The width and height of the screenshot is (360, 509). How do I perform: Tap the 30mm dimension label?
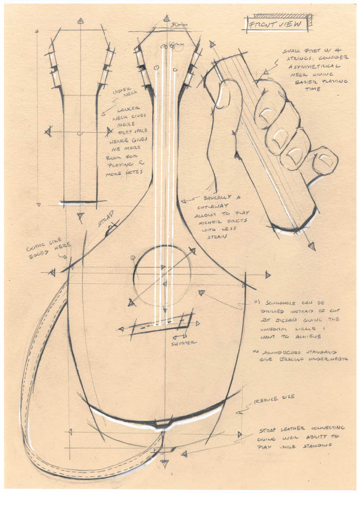[x=178, y=24]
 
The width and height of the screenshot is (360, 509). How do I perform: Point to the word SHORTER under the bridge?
[x=184, y=342]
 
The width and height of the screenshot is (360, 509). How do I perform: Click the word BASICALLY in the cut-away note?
[x=214, y=197]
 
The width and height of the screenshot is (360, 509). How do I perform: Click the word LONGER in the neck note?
[x=129, y=108]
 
